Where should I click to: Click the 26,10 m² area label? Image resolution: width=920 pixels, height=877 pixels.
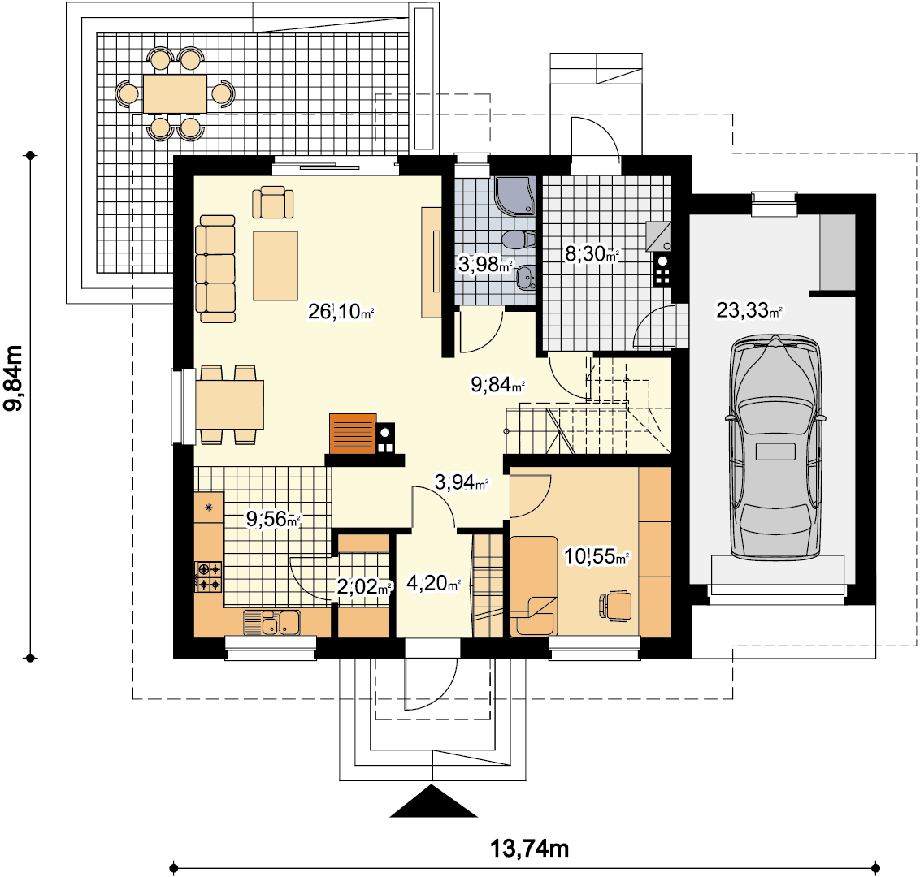pos(341,311)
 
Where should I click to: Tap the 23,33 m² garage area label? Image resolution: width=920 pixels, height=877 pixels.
pos(749,309)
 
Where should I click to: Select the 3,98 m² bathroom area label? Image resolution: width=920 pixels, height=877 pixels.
pos(485,265)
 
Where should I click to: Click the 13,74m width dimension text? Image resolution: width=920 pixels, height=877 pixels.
pos(529,848)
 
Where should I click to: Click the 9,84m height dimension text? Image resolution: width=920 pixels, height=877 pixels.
pos(14,378)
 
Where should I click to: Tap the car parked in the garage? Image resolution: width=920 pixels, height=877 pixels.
pos(775,448)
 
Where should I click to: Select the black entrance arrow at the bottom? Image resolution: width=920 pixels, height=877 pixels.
pos(433,801)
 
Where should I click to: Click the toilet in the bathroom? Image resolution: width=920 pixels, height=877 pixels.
pos(519,240)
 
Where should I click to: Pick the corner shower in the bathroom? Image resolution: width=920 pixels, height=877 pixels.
pos(514,195)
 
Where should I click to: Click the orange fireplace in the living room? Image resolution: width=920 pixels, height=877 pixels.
pos(353,434)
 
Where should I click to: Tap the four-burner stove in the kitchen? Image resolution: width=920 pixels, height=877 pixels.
pos(209,577)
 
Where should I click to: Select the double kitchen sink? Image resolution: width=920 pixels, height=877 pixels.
pos(271,623)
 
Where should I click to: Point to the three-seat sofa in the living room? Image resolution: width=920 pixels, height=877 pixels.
pos(215,269)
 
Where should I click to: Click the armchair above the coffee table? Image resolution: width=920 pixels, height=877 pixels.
pos(273,202)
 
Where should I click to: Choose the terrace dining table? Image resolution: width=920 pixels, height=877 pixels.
pos(175,93)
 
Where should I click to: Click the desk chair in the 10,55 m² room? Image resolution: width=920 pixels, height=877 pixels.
pos(615,606)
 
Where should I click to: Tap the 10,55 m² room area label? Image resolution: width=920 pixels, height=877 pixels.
pos(597,555)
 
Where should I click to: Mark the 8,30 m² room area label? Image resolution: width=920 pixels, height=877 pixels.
pos(592,254)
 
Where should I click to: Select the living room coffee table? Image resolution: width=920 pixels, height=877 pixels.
pos(276,266)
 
